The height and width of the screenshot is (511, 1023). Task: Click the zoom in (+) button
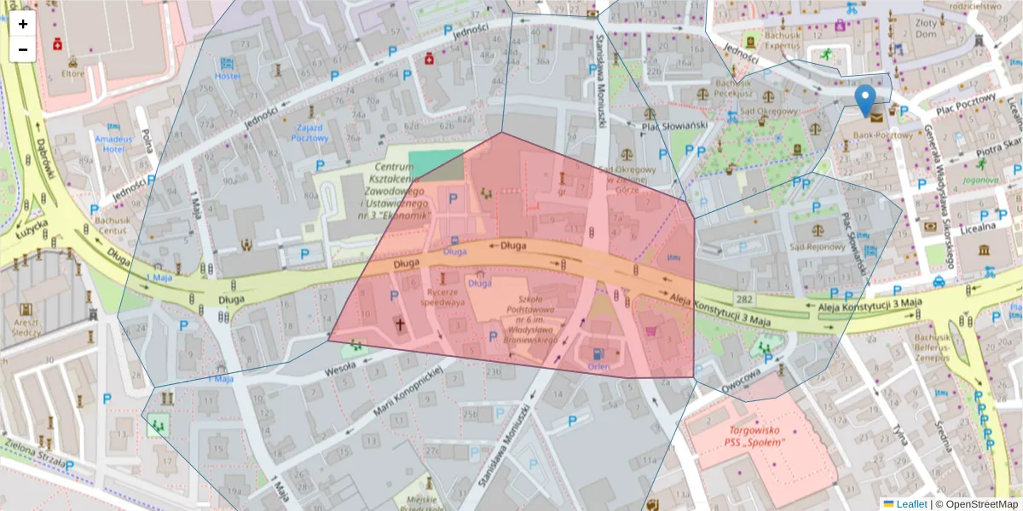coord(23,24)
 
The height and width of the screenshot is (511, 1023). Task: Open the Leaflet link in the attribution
coord(911,504)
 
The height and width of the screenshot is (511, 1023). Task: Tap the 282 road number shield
coord(745,299)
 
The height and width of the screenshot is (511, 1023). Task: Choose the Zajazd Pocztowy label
coord(309,131)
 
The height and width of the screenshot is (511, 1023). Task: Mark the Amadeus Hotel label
coord(114,143)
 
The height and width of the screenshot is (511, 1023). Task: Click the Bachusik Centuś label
coord(112,225)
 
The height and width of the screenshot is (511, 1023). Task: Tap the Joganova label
coord(980,180)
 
